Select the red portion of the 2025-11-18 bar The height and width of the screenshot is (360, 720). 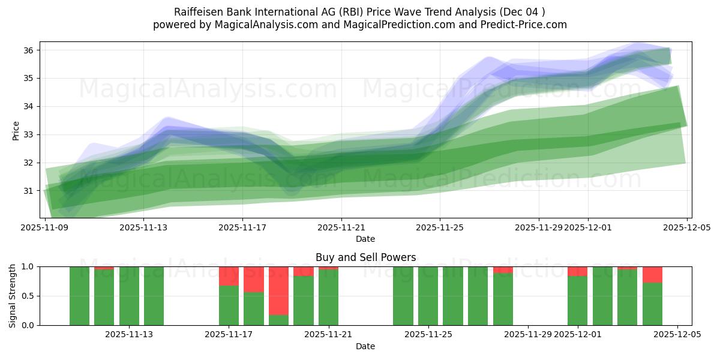[254, 279]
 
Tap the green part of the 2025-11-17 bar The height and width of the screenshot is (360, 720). [229, 305]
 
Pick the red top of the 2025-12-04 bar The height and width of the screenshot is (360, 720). [652, 274]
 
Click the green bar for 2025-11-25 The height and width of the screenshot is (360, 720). [428, 296]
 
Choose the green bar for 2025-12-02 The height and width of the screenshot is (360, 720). [602, 296]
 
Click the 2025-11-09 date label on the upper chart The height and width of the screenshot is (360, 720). [44, 227]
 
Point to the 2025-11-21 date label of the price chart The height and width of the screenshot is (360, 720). [341, 227]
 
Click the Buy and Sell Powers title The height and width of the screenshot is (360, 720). [365, 257]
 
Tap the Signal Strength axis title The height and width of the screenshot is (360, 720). [12, 296]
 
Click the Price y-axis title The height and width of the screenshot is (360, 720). [16, 130]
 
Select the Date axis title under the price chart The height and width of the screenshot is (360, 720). [365, 239]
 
